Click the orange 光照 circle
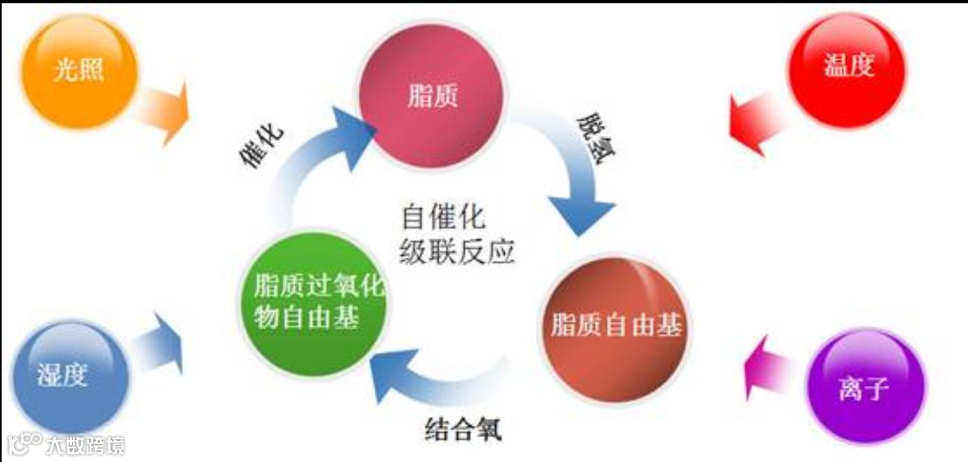coord(79,71)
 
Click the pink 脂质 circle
coord(431,94)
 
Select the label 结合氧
coord(462,429)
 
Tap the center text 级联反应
coord(457,251)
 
